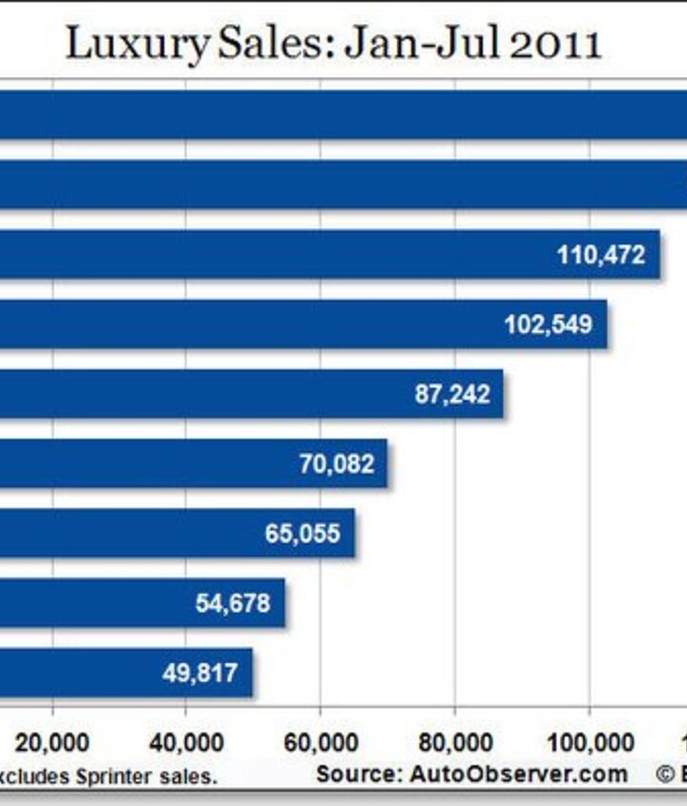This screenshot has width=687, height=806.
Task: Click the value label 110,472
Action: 600,255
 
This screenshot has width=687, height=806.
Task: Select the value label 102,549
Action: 548,324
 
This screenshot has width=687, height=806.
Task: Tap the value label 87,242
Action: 452,394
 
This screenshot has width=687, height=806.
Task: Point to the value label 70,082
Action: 337,465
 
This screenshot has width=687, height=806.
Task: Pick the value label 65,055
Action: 302,533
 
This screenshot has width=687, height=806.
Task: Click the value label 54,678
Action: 233,603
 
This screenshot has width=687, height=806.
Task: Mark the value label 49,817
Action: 199,672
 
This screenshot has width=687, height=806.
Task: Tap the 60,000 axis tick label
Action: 321,742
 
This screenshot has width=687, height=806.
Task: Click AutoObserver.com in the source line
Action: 520,774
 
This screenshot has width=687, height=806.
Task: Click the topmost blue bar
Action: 343,115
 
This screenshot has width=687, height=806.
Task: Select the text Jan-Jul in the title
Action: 408,43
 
